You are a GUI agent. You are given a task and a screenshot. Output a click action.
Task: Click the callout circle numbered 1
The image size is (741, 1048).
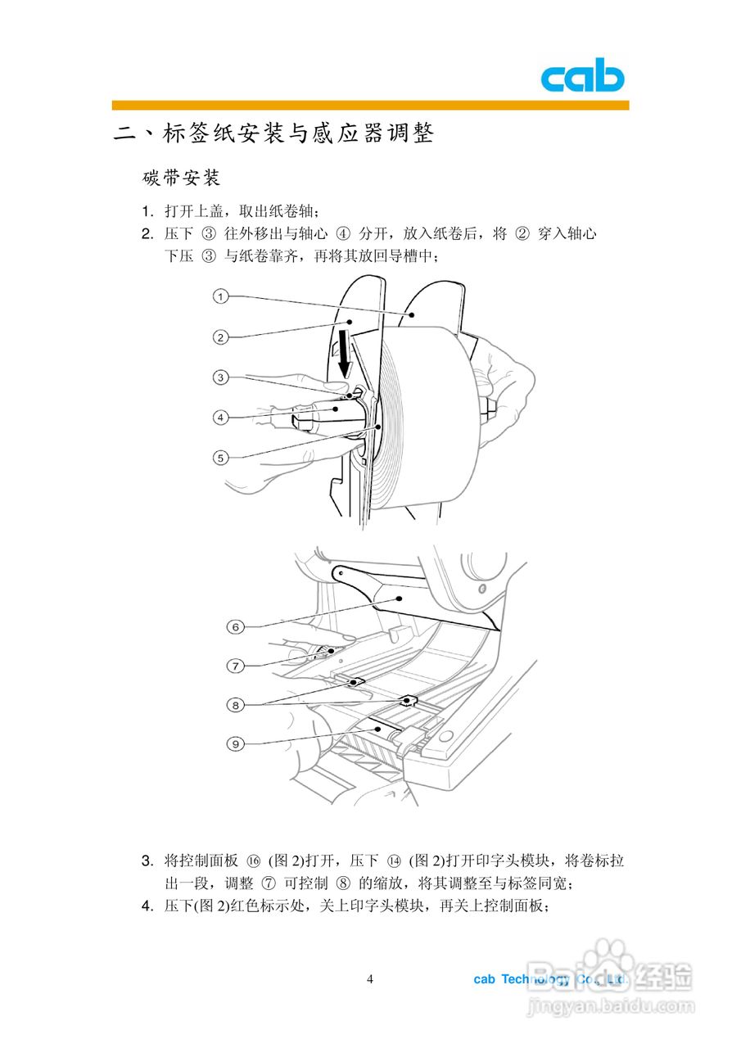click(x=220, y=296)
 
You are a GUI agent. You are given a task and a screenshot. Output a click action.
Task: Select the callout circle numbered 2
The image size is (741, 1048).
click(x=220, y=337)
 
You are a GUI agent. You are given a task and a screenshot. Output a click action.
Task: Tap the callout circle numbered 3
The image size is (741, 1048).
click(x=220, y=377)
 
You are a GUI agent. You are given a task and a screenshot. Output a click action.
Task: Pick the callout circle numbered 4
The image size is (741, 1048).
click(x=220, y=418)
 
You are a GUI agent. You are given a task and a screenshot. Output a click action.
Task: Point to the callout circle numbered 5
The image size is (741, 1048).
click(x=220, y=458)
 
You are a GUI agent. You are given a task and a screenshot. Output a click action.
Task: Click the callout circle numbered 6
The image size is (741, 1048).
click(x=235, y=627)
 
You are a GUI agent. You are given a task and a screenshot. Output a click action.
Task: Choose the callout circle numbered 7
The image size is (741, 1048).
click(x=235, y=666)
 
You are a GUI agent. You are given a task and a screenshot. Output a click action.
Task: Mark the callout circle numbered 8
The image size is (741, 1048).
click(x=235, y=704)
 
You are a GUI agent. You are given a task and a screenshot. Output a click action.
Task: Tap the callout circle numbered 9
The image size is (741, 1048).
click(x=235, y=743)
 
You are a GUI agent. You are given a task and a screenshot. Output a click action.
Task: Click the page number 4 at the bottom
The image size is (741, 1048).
click(x=370, y=980)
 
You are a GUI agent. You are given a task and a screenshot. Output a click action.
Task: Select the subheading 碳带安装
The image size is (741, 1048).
click(x=181, y=178)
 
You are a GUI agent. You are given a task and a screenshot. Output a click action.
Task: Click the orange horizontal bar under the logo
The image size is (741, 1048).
click(x=370, y=105)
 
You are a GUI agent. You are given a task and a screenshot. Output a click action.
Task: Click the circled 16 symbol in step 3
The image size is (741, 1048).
click(x=253, y=861)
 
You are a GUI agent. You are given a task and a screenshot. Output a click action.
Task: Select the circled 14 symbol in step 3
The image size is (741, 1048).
click(x=393, y=861)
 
